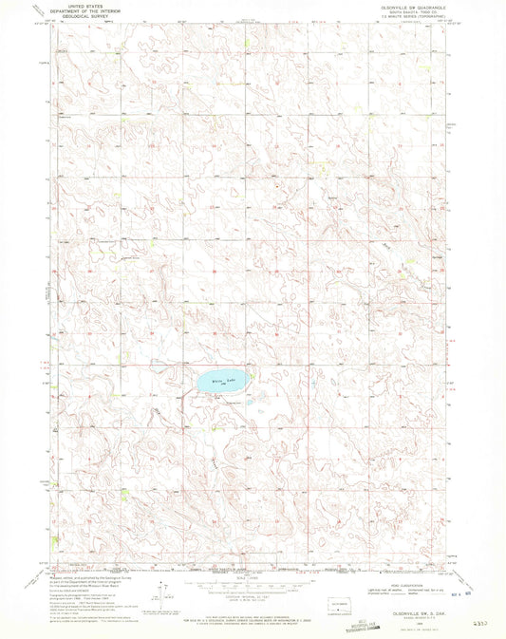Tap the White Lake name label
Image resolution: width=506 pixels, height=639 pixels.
221,383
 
